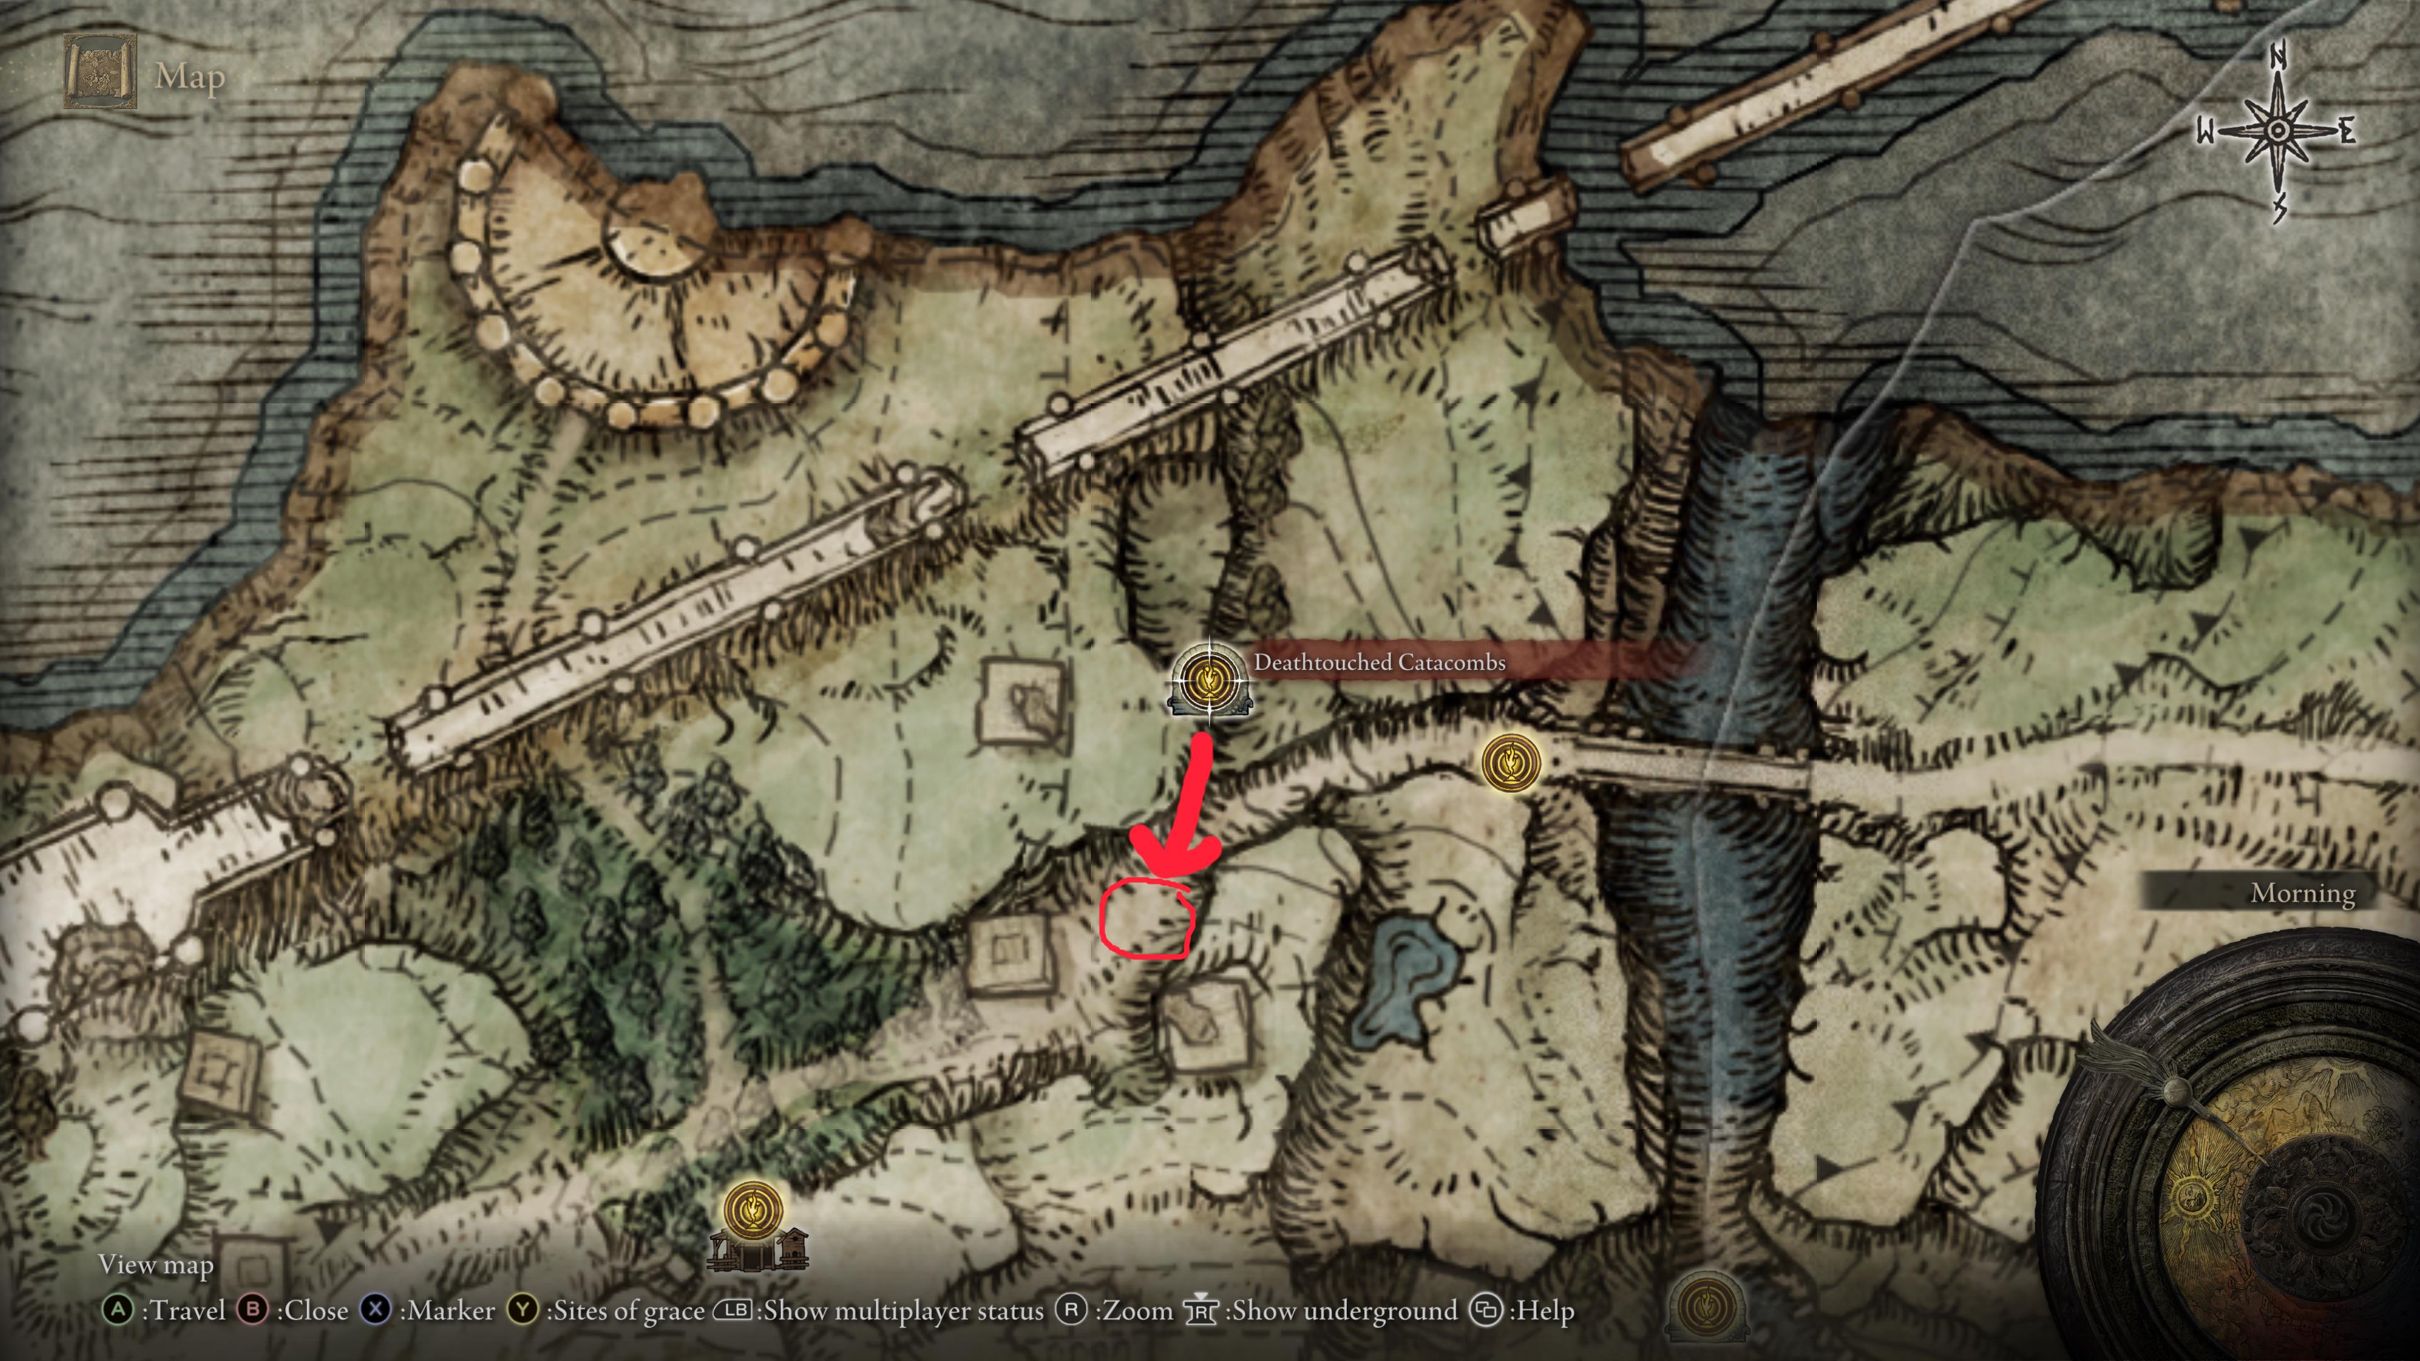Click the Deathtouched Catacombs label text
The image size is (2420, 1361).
coord(1379,662)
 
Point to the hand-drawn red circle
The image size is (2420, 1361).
coord(1147,919)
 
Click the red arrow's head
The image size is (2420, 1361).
coord(1174,859)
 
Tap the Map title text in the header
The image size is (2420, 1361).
coord(190,76)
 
